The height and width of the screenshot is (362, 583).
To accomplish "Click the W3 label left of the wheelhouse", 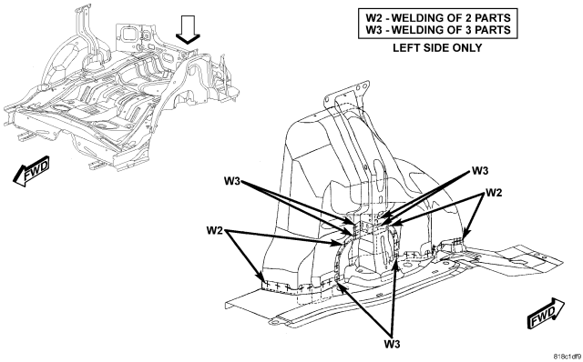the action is click(x=232, y=181).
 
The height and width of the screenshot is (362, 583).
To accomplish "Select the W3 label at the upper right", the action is click(x=480, y=171).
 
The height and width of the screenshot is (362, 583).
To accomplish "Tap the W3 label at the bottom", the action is click(x=393, y=344).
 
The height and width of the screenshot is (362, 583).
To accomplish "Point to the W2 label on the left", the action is click(x=215, y=230).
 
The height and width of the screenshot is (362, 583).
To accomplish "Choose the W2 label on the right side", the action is click(x=494, y=193).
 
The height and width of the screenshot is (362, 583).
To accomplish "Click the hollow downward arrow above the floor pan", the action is click(x=188, y=30).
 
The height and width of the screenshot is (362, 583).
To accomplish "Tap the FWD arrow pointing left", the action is click(x=31, y=171).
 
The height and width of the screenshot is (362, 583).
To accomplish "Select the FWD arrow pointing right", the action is click(x=546, y=313).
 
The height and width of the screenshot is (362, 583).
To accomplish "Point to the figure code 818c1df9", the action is click(x=567, y=357).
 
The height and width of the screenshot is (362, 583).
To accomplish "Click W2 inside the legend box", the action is click(x=373, y=18).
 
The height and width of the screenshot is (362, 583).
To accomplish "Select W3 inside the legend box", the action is click(x=373, y=30).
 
